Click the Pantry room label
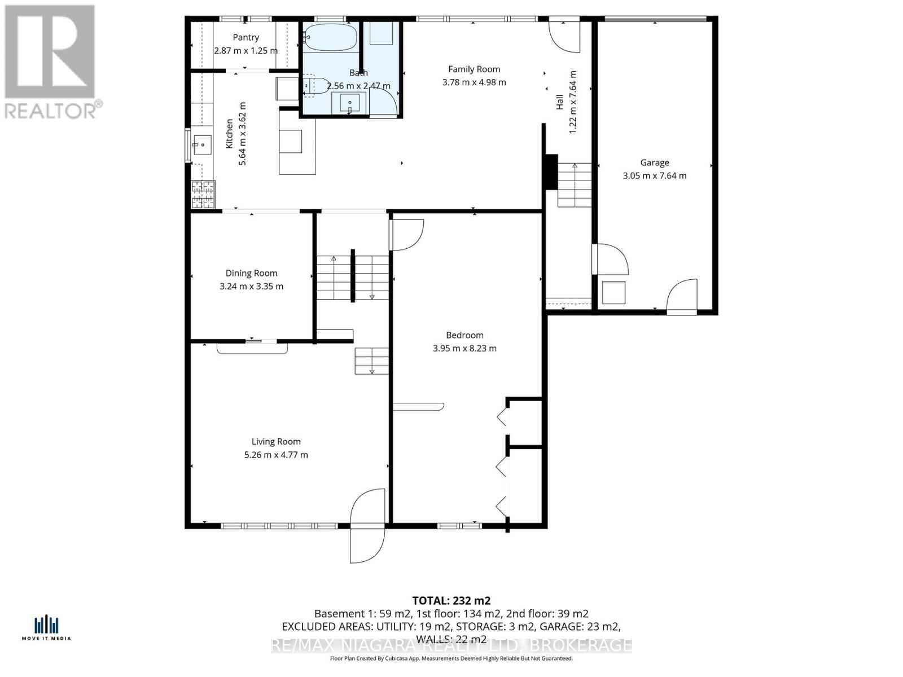[246, 37]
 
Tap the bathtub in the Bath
[330, 37]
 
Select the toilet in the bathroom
[316, 85]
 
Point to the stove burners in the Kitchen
[203, 195]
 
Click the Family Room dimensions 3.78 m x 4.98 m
[474, 82]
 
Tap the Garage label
[654, 162]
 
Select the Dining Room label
[251, 273]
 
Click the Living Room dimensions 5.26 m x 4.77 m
[276, 455]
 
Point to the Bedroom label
[464, 335]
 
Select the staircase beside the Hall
[575, 184]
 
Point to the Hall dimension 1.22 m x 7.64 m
[573, 102]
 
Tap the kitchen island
[297, 142]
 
